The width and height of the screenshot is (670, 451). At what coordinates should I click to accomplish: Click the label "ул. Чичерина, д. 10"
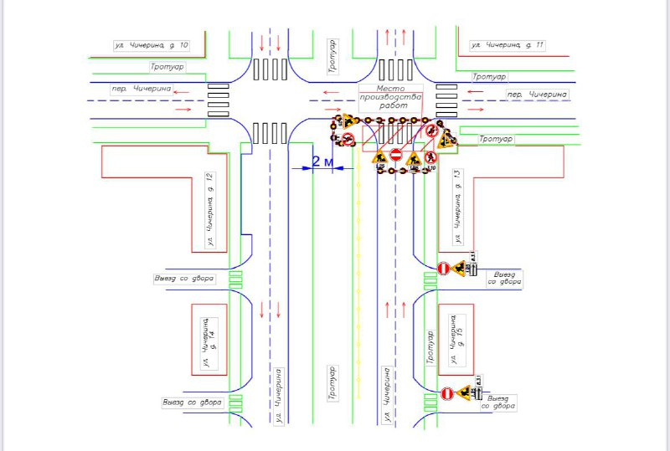pos(152,44)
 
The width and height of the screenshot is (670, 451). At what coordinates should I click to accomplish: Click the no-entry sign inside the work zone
pos(396,155)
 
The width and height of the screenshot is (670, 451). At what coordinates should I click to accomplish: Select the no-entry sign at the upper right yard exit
pos(443,269)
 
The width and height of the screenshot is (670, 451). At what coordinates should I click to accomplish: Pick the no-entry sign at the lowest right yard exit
pos(446,393)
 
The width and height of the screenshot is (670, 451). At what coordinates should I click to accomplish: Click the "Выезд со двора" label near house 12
pos(184,278)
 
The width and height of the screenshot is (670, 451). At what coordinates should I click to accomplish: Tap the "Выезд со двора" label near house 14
pos(193,402)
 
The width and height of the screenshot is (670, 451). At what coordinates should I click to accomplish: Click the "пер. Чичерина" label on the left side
pos(141,89)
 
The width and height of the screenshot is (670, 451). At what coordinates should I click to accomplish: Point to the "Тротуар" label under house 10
pos(167,67)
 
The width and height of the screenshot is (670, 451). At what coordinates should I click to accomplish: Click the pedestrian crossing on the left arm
pos(219,100)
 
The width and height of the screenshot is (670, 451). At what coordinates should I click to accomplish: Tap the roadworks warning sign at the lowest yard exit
pos(466,392)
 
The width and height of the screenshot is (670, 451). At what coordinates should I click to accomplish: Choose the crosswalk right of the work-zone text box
pos(446,100)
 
